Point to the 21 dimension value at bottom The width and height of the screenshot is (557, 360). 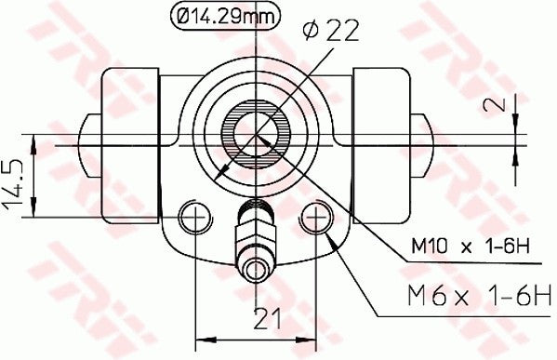coord(268,320)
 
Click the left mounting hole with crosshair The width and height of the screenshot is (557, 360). coord(194,217)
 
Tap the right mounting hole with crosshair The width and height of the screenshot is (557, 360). coord(316,217)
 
